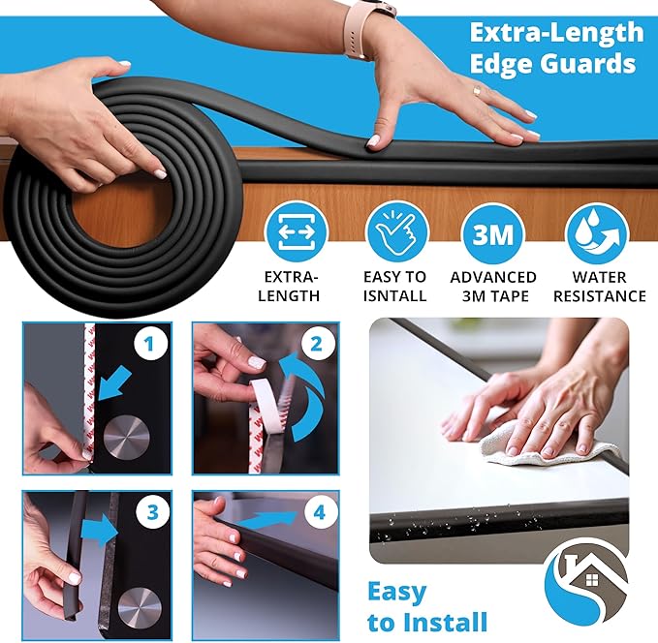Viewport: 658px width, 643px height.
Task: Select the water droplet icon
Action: coord(596,233)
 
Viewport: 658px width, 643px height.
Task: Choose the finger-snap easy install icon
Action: coord(395,233)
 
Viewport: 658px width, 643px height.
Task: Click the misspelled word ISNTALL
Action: coord(395,296)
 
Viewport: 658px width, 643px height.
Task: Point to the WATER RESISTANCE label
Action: coord(596,287)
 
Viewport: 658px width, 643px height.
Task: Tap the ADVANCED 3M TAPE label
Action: coord(493,287)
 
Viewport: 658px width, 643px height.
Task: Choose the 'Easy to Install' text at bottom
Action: coord(426,606)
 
